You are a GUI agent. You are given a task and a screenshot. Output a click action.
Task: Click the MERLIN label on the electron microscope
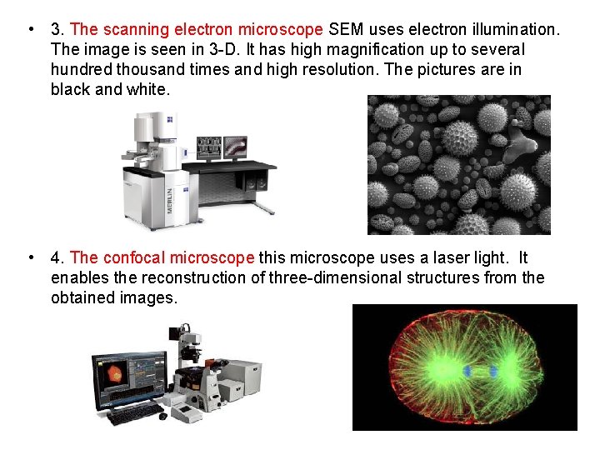click(170, 197)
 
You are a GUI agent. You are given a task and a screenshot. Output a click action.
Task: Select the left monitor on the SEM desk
click(207, 148)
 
